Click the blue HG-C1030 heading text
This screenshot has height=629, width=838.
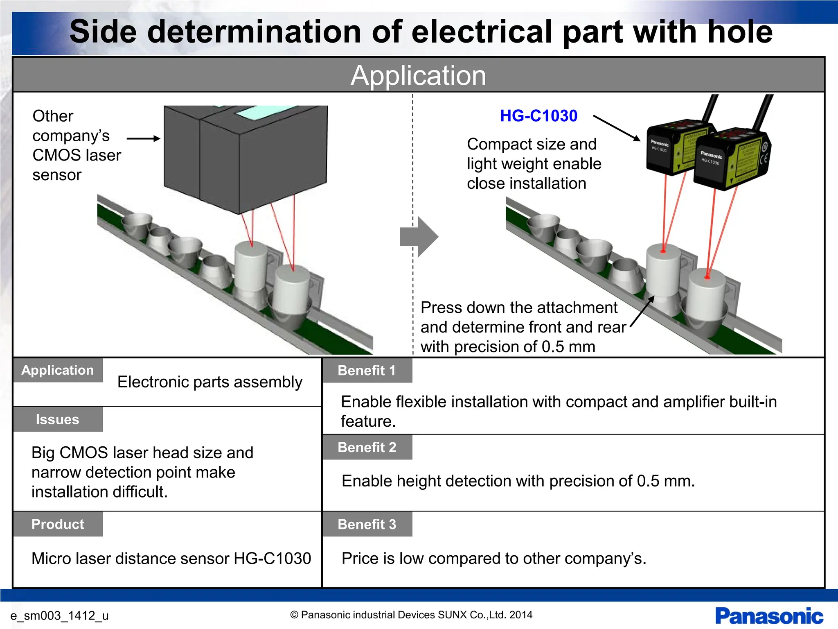(x=538, y=116)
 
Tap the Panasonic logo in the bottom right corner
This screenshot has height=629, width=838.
(x=769, y=616)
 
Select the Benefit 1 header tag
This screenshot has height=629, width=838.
(x=367, y=371)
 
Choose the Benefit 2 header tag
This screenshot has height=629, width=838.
(x=367, y=447)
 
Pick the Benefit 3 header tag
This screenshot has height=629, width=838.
(x=367, y=524)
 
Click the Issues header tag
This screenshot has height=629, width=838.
(x=57, y=419)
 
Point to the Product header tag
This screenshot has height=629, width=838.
(x=58, y=524)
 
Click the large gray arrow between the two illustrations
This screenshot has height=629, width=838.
(x=419, y=237)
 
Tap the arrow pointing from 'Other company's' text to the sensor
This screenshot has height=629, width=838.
(x=143, y=138)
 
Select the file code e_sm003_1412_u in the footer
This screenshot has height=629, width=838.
(x=59, y=615)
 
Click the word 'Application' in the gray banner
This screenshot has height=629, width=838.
(x=418, y=75)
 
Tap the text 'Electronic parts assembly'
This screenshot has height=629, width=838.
(x=209, y=382)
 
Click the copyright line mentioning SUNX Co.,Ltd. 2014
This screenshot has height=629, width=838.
(x=411, y=615)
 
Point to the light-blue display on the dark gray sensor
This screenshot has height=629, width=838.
(x=262, y=112)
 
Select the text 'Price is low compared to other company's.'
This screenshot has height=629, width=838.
(x=494, y=559)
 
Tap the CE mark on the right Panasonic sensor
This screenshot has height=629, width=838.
(x=764, y=159)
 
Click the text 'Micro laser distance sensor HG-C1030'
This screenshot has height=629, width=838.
(x=171, y=559)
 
